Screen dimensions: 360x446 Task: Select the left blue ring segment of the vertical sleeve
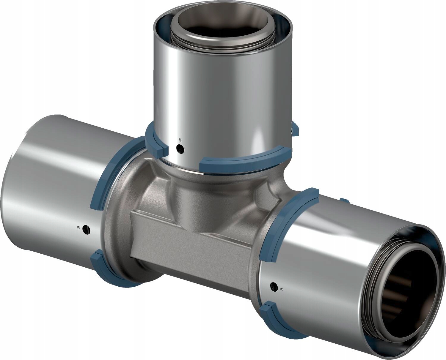pyautogui.click(x=155, y=140)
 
